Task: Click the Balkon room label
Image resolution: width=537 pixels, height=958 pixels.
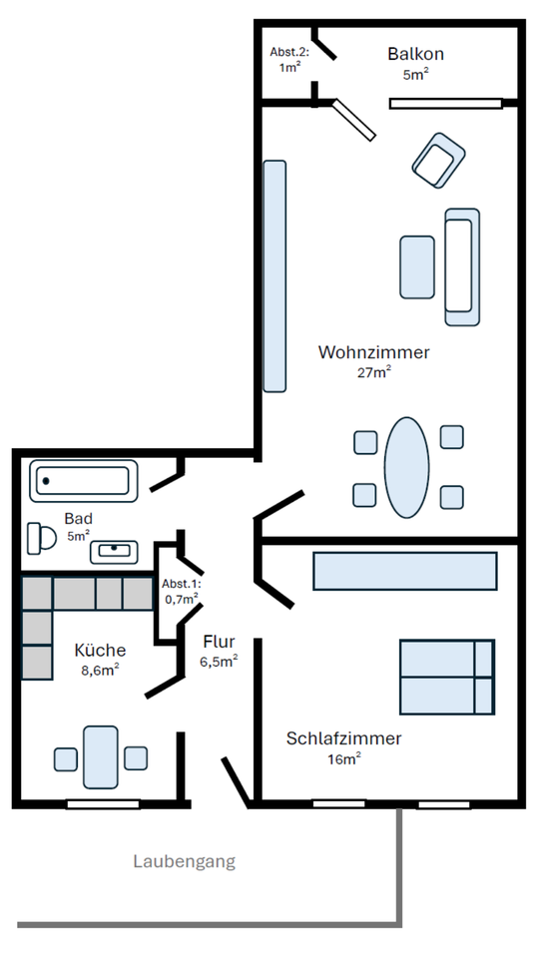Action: [415, 54]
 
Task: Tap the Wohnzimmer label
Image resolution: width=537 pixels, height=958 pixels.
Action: [374, 352]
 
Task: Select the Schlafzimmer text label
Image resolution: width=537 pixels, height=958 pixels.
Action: [344, 738]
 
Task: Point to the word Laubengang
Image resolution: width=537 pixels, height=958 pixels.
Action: [184, 862]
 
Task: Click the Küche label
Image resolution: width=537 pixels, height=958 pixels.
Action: [100, 650]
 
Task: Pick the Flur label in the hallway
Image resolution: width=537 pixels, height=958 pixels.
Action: [219, 642]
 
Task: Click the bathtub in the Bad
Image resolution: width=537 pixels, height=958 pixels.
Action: [84, 481]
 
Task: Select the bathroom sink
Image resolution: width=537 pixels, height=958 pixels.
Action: [114, 552]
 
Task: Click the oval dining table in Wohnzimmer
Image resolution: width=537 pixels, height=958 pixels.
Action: [406, 467]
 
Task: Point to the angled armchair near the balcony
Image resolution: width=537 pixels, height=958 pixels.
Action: [438, 160]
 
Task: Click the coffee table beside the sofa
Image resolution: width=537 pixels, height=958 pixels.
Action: [417, 267]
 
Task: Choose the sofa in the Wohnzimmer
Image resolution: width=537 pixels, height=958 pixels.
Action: [462, 267]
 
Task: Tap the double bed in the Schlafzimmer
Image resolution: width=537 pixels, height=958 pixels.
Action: [447, 677]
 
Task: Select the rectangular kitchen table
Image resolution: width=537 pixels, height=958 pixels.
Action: [101, 757]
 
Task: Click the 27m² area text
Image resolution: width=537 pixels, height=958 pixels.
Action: [374, 372]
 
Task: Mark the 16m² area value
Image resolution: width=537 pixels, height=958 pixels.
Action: [344, 759]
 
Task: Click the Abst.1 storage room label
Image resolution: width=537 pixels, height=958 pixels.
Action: [181, 584]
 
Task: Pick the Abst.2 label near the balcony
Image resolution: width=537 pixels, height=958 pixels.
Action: [289, 52]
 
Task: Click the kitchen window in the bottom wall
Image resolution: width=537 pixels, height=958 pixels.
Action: [103, 804]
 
